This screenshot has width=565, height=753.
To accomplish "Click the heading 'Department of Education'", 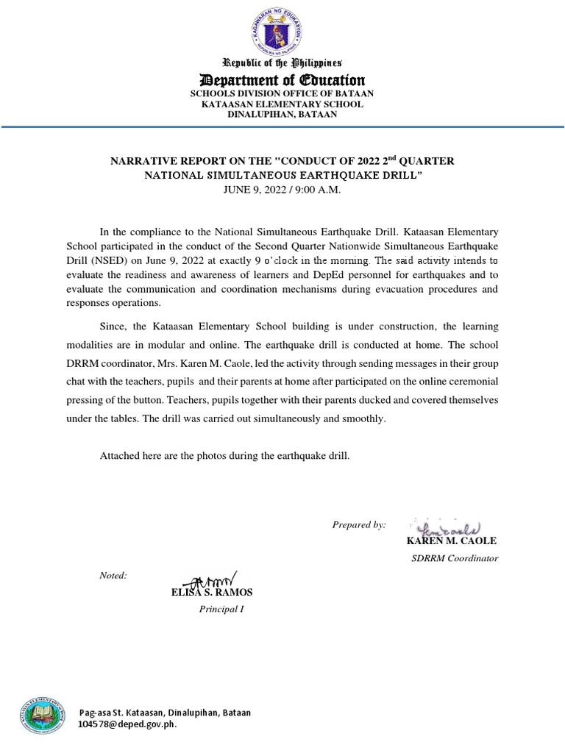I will tap(282, 80).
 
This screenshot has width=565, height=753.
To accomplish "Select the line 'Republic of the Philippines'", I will tap(282, 63).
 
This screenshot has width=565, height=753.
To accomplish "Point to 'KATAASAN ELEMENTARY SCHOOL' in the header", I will tap(282, 104).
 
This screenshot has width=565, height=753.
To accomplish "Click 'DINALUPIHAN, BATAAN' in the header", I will tap(282, 115).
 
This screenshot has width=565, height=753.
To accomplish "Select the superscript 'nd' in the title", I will tap(395, 157).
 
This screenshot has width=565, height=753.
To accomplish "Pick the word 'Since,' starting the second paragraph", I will tap(114, 326).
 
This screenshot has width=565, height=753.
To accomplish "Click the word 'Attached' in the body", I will tap(118, 456).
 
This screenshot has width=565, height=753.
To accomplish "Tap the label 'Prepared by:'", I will tap(359, 524).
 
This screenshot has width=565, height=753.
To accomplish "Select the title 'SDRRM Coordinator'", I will tap(454, 558).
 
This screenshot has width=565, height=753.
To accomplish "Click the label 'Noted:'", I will tap(113, 575).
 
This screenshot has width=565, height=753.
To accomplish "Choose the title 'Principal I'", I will tap(221, 609).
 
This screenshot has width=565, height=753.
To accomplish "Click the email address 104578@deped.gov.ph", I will tap(127, 724).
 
